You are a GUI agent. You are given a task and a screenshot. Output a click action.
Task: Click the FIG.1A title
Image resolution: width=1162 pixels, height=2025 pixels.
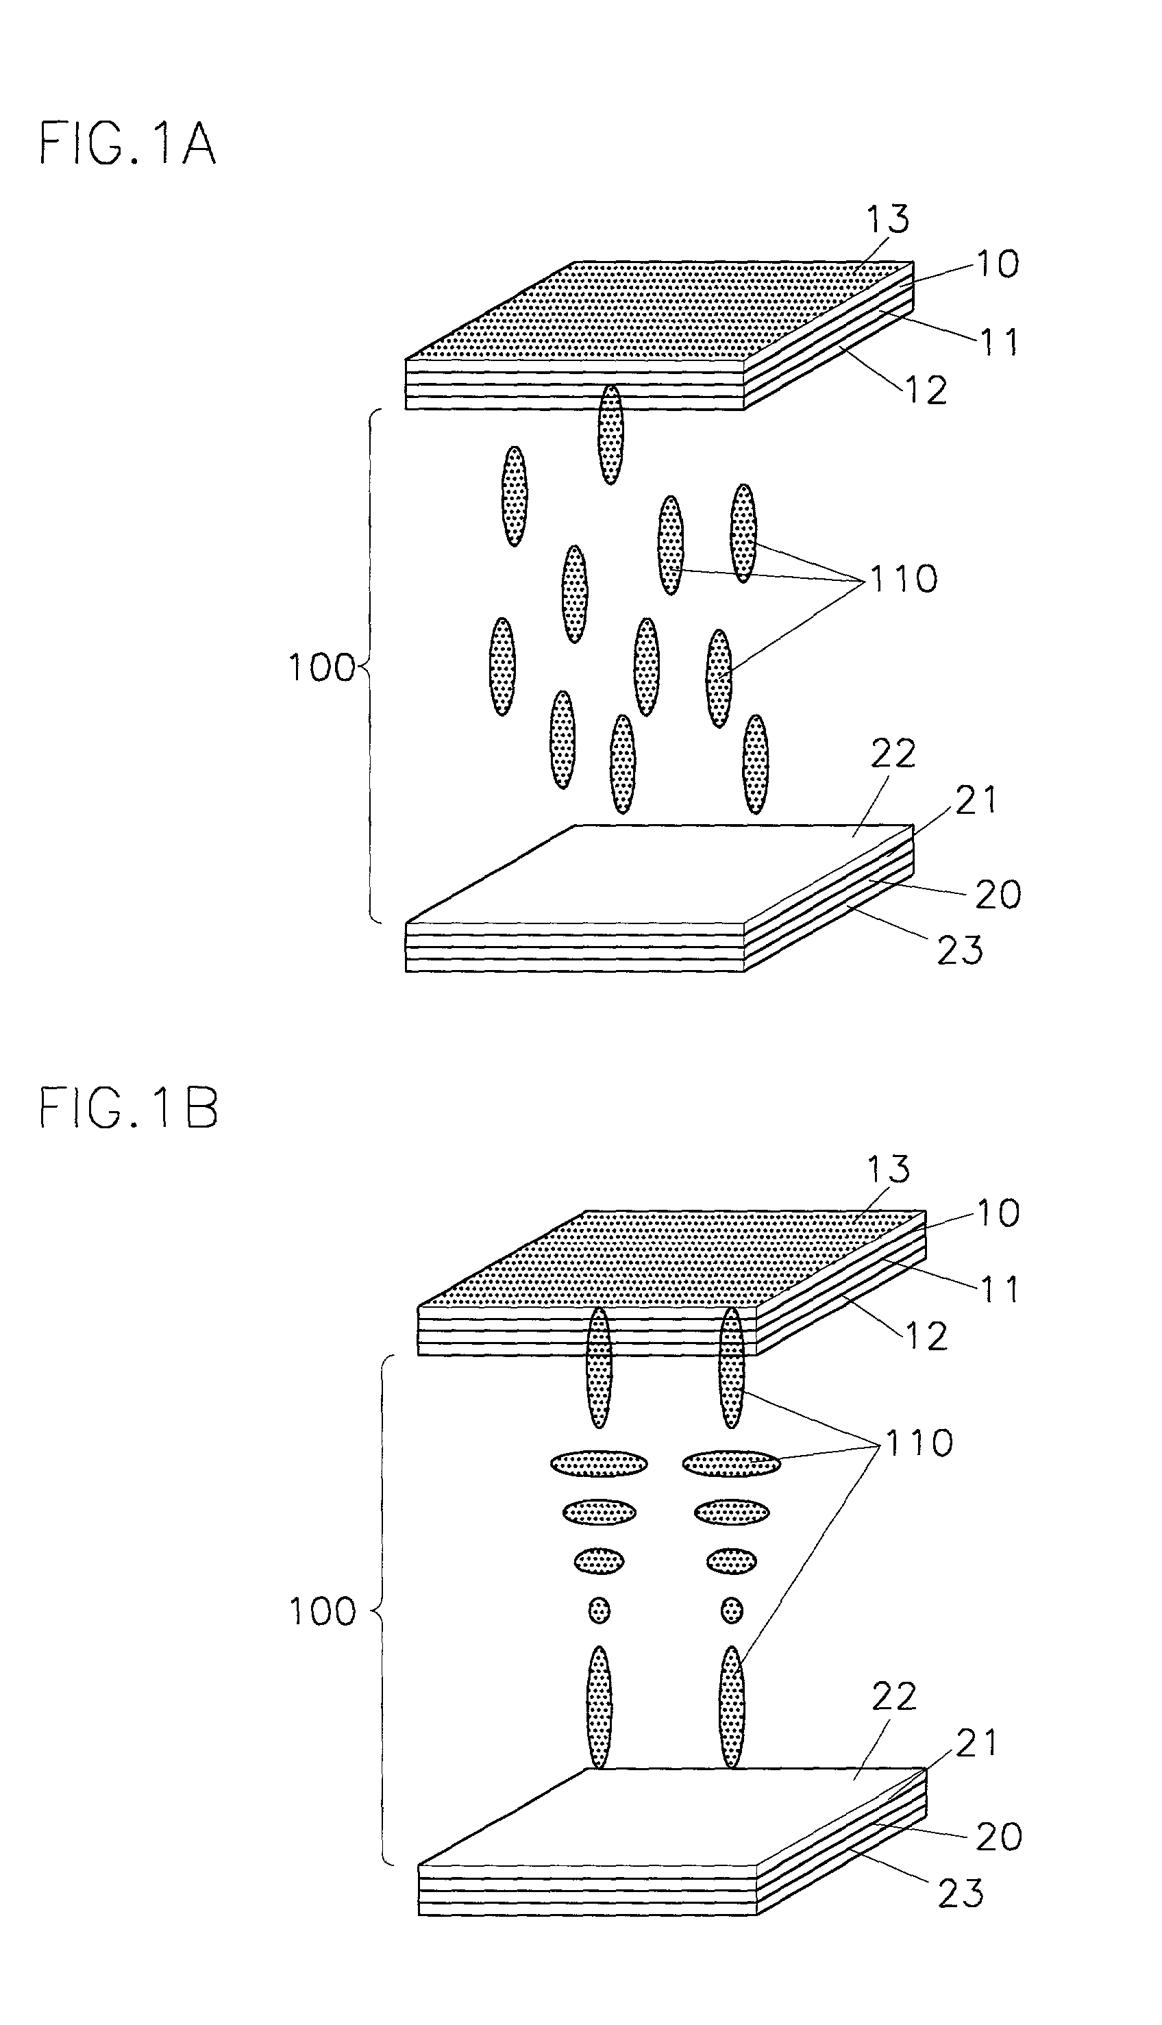click(x=127, y=145)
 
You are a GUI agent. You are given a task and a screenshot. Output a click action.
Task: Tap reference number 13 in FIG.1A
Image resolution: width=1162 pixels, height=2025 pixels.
click(x=887, y=219)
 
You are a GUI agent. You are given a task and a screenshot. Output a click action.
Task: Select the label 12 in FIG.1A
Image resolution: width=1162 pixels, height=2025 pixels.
click(x=926, y=390)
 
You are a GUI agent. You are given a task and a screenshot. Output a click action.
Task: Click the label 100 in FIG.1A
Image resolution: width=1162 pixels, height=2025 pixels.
click(x=321, y=667)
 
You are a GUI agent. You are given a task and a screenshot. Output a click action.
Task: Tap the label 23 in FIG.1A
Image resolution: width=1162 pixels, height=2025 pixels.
click(x=959, y=950)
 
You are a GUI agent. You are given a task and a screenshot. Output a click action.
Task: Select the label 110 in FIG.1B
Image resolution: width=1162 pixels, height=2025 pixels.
click(x=918, y=1443)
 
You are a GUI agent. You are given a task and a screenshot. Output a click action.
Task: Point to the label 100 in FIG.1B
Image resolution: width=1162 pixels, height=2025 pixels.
click(x=323, y=1612)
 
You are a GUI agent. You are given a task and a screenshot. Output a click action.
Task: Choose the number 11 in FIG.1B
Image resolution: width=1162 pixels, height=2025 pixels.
click(x=998, y=1290)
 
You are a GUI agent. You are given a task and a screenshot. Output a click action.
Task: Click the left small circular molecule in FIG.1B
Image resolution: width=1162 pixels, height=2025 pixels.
click(x=599, y=1610)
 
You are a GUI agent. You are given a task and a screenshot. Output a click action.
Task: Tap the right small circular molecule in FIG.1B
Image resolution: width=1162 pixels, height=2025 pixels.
click(x=731, y=1610)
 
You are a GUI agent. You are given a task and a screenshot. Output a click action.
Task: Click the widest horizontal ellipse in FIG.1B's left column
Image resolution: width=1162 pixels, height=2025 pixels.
click(x=599, y=1463)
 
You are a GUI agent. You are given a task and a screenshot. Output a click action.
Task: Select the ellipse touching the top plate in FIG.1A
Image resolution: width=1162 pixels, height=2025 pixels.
click(x=610, y=435)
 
